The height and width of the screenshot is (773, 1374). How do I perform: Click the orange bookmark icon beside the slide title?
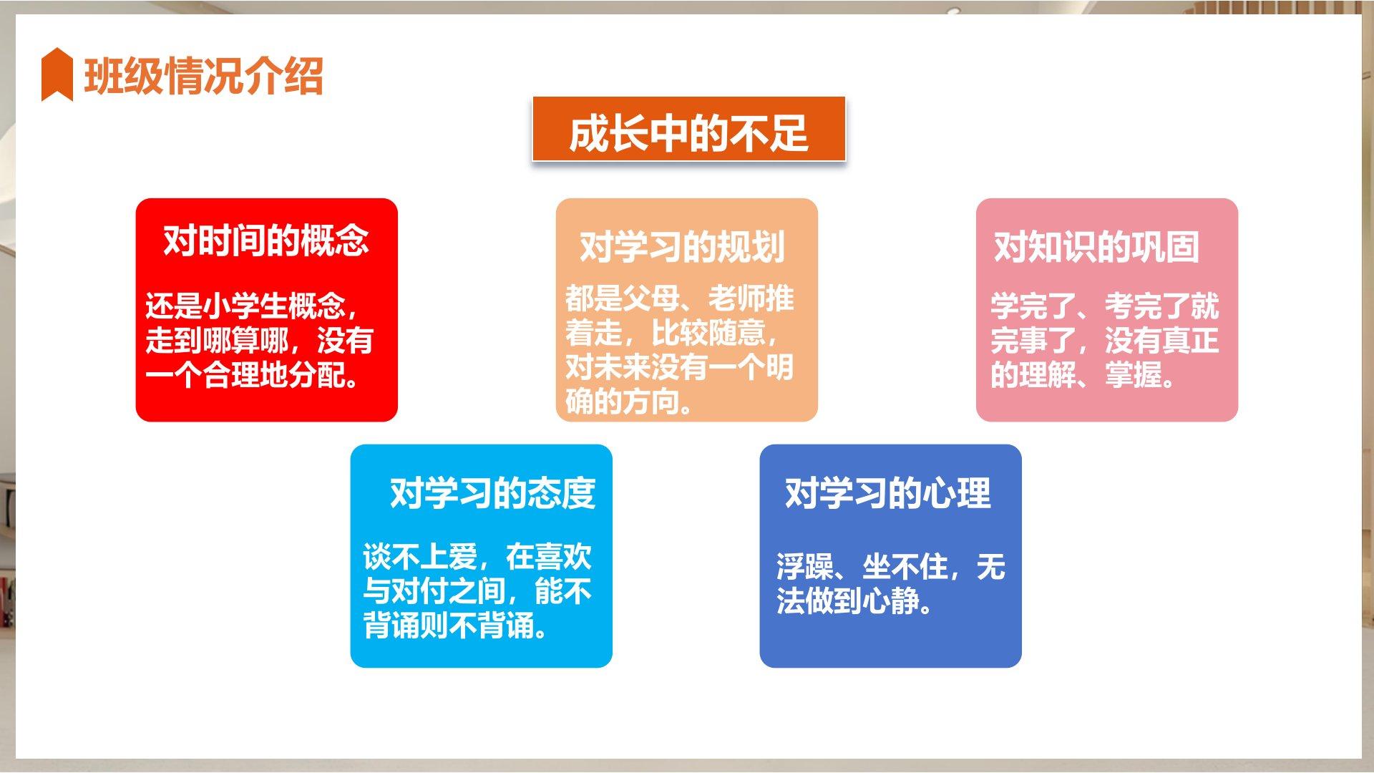coord(57,74)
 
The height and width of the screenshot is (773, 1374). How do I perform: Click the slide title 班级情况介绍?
coord(204,76)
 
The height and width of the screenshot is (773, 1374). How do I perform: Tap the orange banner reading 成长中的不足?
coord(688,130)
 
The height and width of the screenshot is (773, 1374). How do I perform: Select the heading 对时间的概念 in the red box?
coord(266,240)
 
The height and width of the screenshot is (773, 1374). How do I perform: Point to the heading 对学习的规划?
coord(682,247)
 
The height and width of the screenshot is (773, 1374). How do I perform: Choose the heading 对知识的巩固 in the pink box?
coord(1096,247)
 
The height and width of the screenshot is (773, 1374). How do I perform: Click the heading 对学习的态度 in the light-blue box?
coord(492,493)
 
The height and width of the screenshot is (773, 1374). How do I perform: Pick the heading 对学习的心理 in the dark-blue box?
coord(888,493)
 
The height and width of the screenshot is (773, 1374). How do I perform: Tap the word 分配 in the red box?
coord(317,375)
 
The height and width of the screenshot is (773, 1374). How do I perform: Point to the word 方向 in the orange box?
coord(651,402)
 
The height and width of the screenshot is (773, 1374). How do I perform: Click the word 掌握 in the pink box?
coord(1134,375)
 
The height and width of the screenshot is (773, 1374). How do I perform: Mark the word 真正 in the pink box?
coord(1191,341)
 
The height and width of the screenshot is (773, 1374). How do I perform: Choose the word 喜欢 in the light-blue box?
coord(563,558)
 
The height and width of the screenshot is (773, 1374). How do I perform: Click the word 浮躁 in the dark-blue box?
coord(805,568)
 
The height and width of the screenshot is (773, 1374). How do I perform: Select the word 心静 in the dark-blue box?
coord(891,602)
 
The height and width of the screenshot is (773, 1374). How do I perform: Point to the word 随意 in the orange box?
coord(737,333)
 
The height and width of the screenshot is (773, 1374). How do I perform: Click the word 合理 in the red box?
coord(231,375)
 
